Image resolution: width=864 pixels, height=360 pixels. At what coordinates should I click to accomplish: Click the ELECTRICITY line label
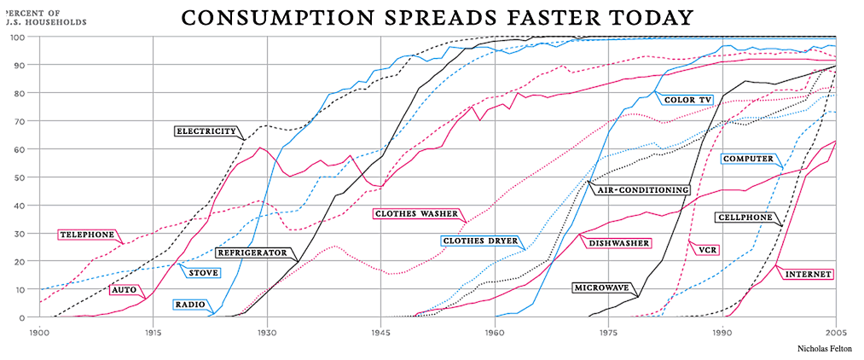click(x=206, y=131)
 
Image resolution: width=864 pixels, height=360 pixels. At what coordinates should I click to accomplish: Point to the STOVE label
click(x=204, y=273)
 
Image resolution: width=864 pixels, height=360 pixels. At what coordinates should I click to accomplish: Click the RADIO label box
click(x=189, y=305)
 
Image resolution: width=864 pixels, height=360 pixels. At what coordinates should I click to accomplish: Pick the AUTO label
click(x=124, y=290)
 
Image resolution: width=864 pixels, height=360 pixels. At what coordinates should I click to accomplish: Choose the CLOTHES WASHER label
click(x=415, y=214)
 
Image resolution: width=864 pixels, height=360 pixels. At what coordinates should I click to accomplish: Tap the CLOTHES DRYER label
click(x=481, y=241)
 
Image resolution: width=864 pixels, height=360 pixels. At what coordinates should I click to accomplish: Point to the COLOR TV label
click(x=687, y=100)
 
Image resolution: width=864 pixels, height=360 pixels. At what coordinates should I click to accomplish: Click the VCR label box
click(x=705, y=251)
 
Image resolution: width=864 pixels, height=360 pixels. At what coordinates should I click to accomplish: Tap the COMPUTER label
click(x=747, y=160)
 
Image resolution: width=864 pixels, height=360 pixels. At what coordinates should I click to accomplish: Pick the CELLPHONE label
click(x=744, y=218)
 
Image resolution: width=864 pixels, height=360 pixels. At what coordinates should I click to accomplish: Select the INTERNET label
click(x=808, y=275)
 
